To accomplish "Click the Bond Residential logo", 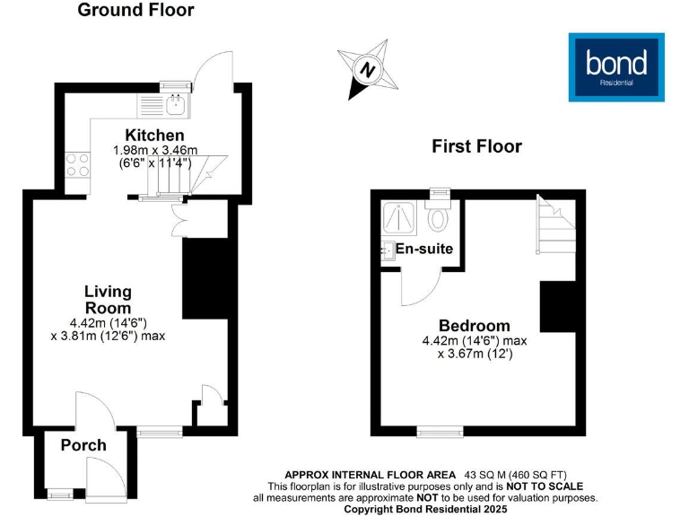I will tap(616, 66).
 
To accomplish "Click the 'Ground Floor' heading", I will tap(135, 11).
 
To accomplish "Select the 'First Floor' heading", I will tap(476, 146).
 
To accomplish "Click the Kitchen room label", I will tap(136, 136).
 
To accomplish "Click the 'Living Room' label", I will tap(108, 300).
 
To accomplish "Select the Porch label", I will tap(83, 445).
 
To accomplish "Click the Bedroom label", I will tap(475, 326).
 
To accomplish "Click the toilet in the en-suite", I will tap(439, 218).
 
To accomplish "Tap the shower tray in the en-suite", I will tap(397, 219).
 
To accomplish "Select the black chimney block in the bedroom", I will tap(556, 306).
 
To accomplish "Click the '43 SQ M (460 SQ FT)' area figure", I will tap(516, 475).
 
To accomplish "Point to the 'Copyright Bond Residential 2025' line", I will tap(425, 509).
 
